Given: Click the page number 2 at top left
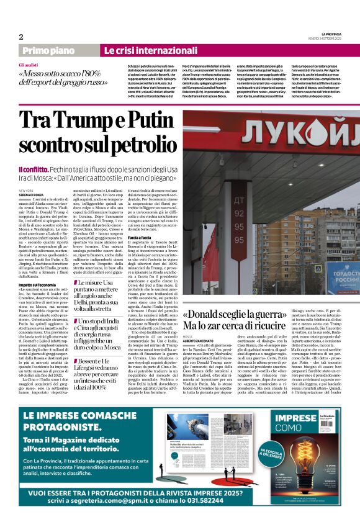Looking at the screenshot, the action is coord(21,36).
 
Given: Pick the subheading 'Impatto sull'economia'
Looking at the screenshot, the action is coord(36,284).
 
